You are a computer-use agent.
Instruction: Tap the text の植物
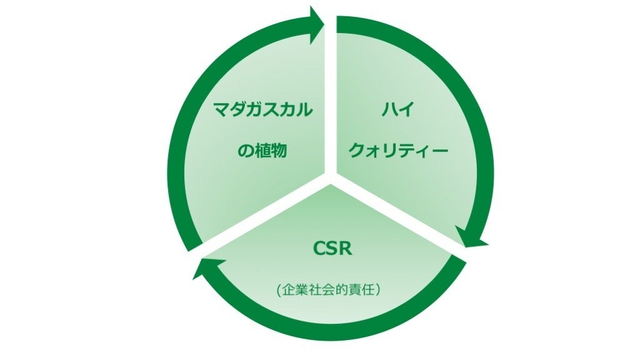262,151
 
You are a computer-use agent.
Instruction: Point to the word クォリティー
397,151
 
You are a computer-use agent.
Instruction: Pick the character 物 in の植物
280,151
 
